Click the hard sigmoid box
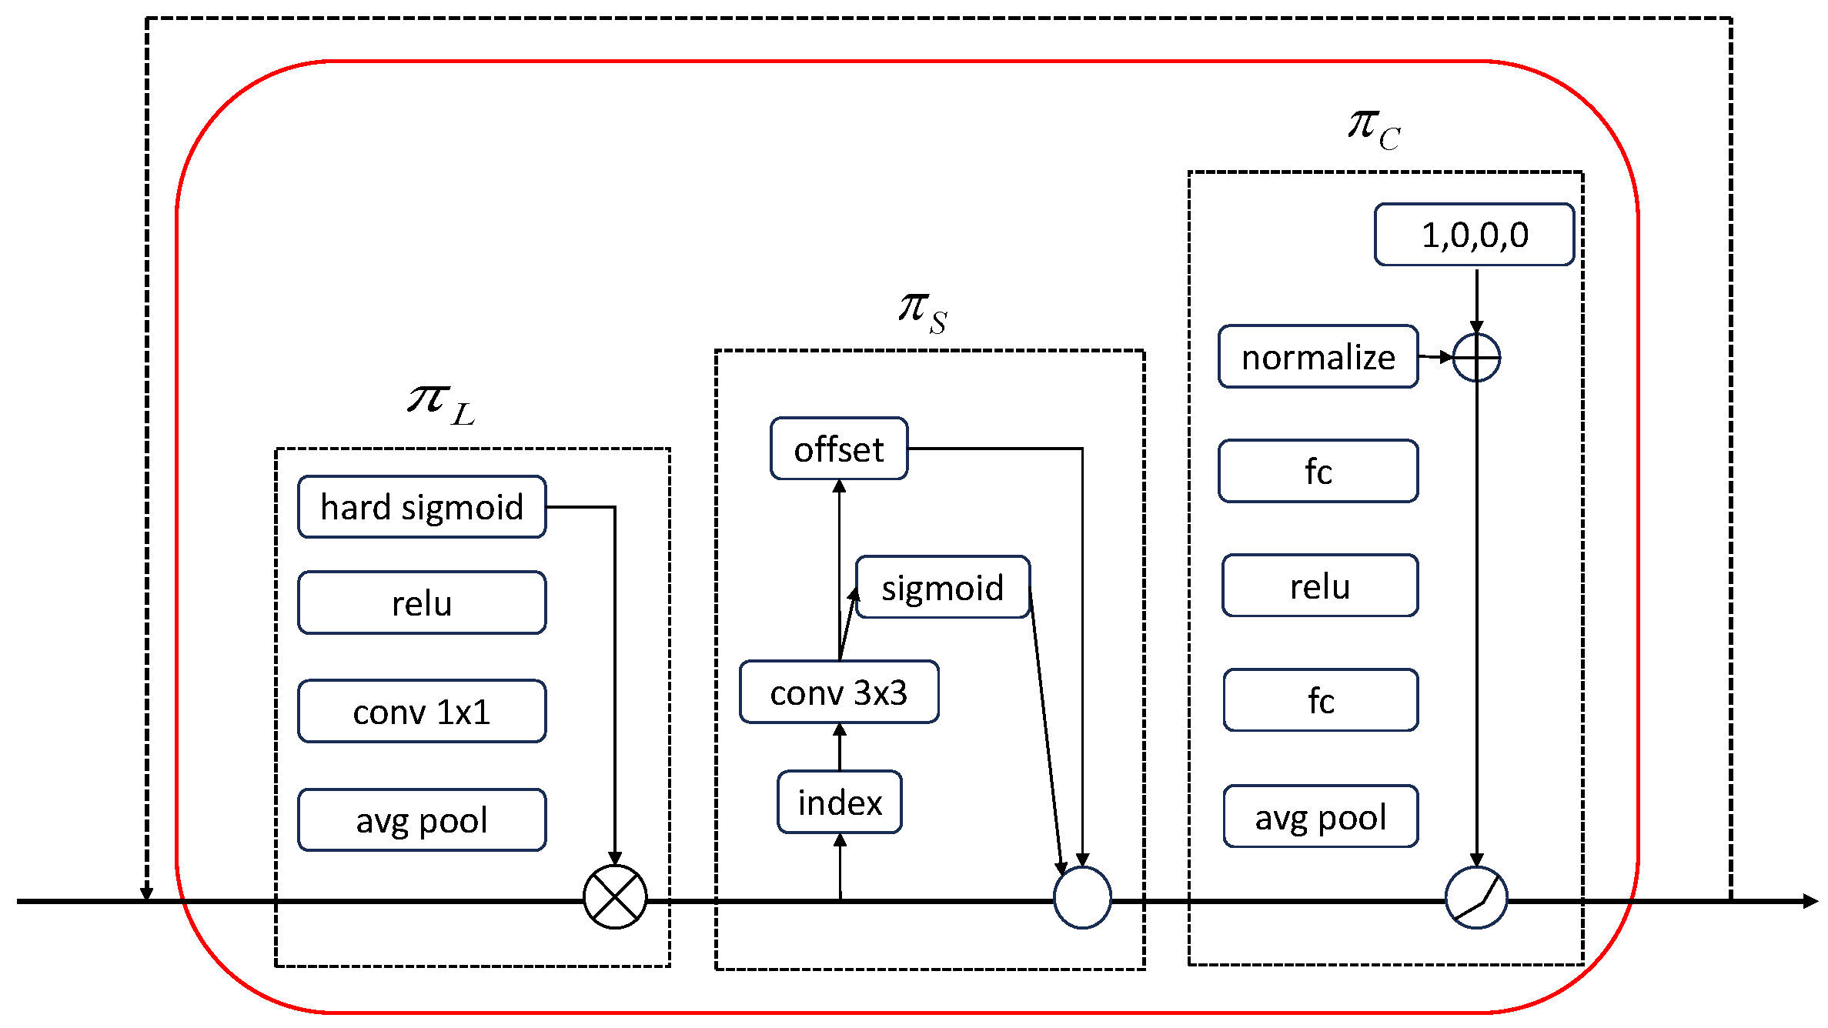pos(422,507)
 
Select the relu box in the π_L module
pos(422,602)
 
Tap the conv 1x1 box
pos(422,711)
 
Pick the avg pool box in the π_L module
pos(422,819)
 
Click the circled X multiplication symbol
pos(615,897)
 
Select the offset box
pos(839,449)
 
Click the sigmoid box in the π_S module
pos(942,587)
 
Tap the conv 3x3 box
pos(839,692)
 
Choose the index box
pos(840,802)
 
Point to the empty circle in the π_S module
pos(1082,897)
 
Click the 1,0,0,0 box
pos(1474,235)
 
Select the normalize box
pos(1318,357)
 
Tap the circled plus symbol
pos(1476,358)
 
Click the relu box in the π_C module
pos(1320,586)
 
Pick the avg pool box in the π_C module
pos(1320,816)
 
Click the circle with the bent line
pos(1476,897)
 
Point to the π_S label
pos(922,312)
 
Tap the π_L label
pos(441,404)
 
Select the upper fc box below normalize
pos(1318,471)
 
